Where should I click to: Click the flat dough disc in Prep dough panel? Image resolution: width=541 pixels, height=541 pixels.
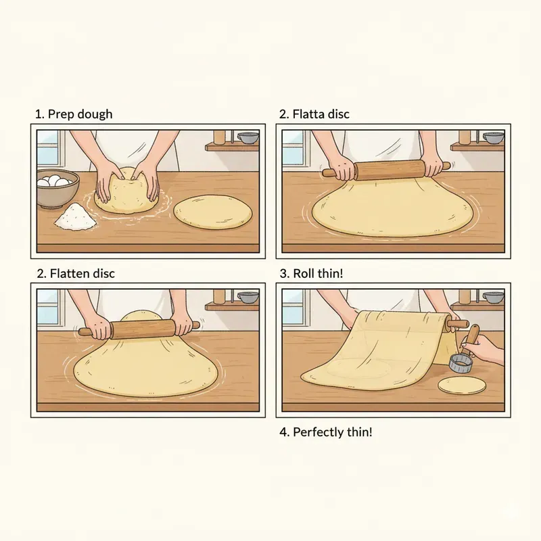click(x=213, y=214)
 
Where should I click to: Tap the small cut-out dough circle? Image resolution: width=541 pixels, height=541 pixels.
click(x=463, y=385)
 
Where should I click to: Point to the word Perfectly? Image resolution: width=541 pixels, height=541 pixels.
click(x=319, y=431)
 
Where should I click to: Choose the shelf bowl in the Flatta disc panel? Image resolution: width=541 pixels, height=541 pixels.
click(x=494, y=138)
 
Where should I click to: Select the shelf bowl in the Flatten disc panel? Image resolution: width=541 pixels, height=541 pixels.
click(x=248, y=297)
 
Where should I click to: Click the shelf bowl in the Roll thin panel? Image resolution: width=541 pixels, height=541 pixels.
click(x=494, y=297)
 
